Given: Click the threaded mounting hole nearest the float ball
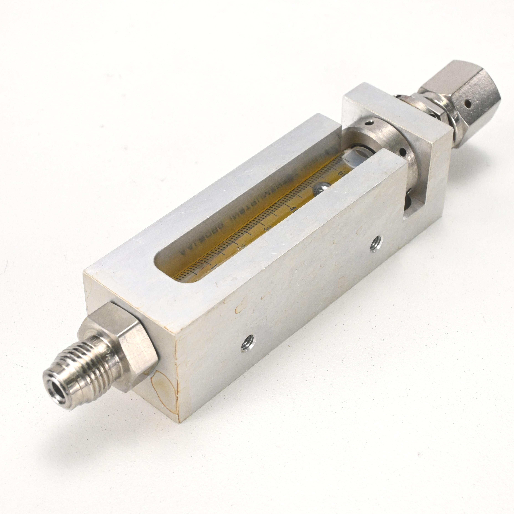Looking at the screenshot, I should point(375,243).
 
